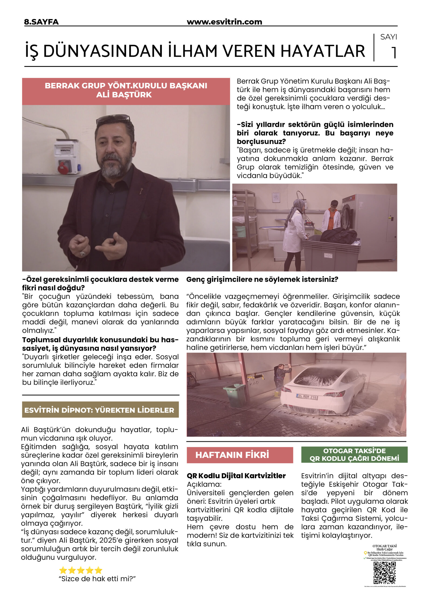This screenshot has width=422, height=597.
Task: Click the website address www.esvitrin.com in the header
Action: pyautogui.click(x=224, y=22)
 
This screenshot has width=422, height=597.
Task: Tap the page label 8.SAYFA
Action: pyautogui.click(x=41, y=22)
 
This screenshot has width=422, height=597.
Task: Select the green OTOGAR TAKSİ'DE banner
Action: pyautogui.click(x=354, y=455)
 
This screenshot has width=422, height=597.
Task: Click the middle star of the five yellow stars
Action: pyautogui.click(x=81, y=570)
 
